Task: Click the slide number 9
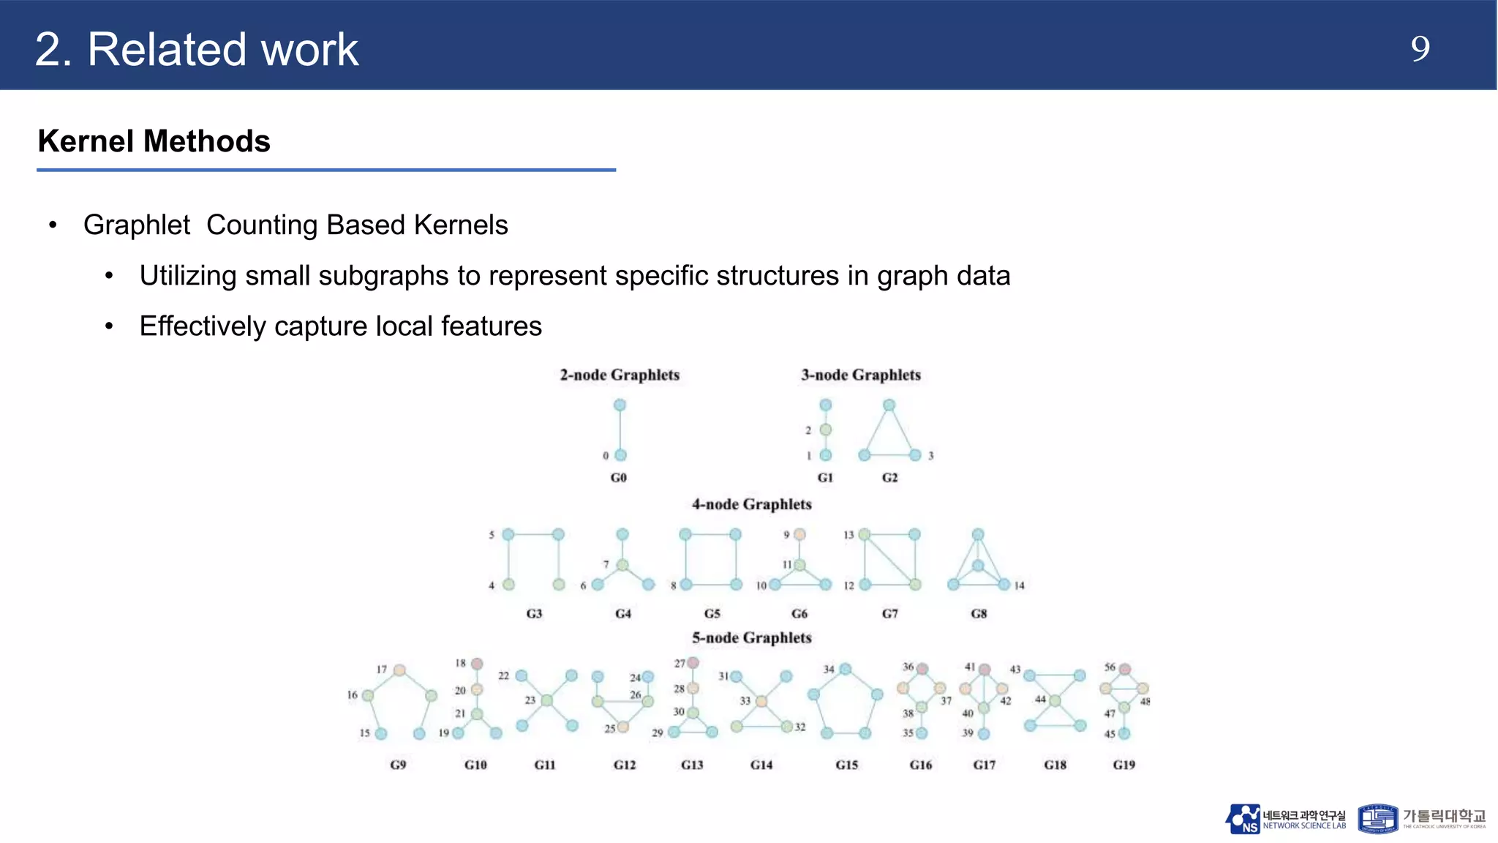coord(1420,49)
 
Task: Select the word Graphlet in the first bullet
coord(137,225)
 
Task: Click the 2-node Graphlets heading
coord(620,375)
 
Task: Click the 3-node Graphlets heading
coord(860,375)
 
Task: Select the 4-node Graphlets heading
coord(751,504)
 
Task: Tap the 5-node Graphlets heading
coord(751,637)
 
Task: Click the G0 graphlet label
coord(618,477)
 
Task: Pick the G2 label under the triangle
coord(889,477)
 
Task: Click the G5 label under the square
coord(712,613)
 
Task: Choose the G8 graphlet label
coord(979,613)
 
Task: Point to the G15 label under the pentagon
coord(846,765)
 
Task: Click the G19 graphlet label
coord(1123,765)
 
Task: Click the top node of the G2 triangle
coord(889,405)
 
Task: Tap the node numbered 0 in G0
coord(620,455)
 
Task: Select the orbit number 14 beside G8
coord(1019,585)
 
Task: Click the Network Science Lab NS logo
coord(1243,819)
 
